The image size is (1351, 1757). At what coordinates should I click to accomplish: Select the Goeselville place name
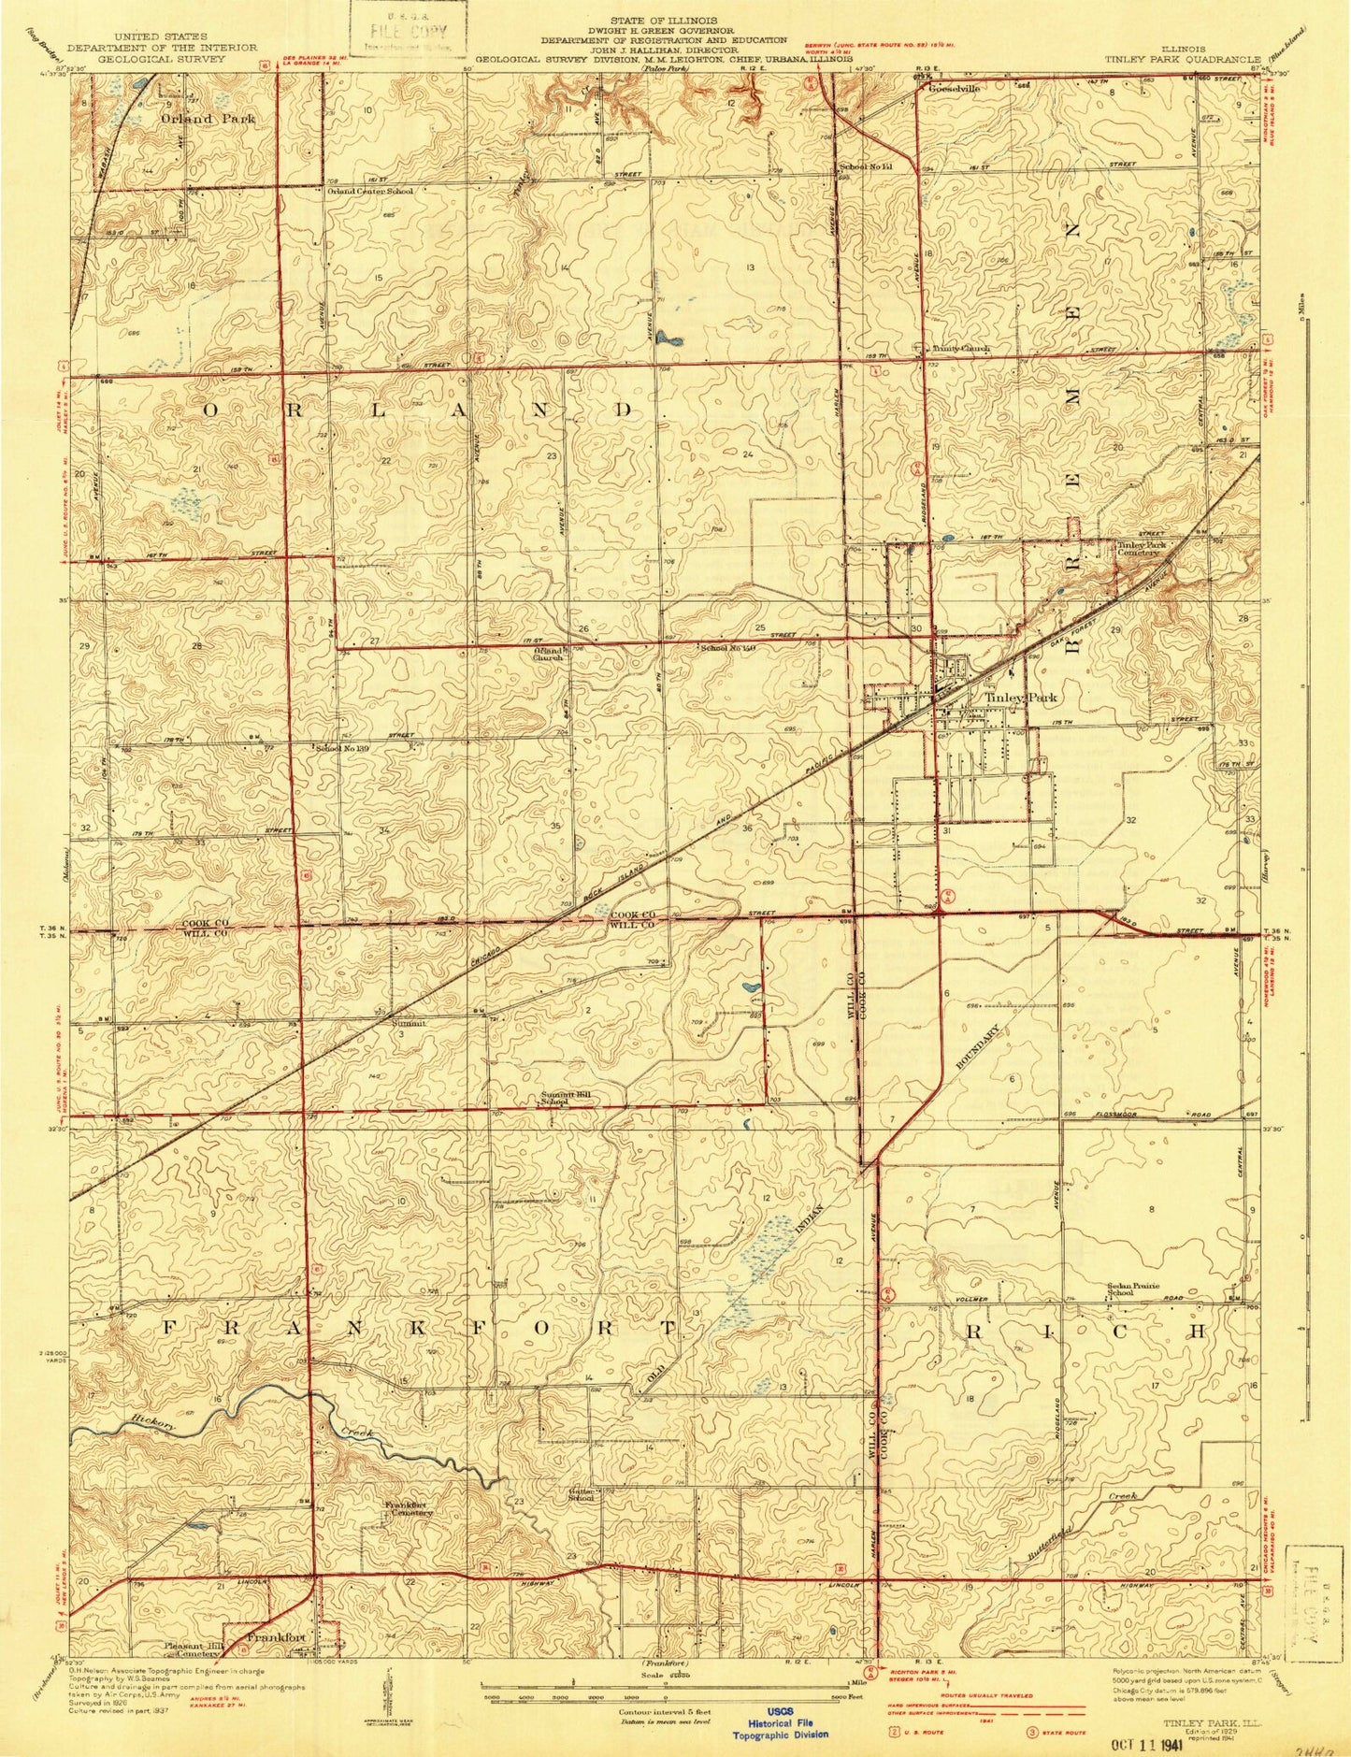(x=954, y=89)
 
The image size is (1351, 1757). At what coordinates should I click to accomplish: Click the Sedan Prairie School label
(x=1134, y=1289)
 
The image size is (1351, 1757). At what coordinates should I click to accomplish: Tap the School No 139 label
(x=338, y=748)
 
